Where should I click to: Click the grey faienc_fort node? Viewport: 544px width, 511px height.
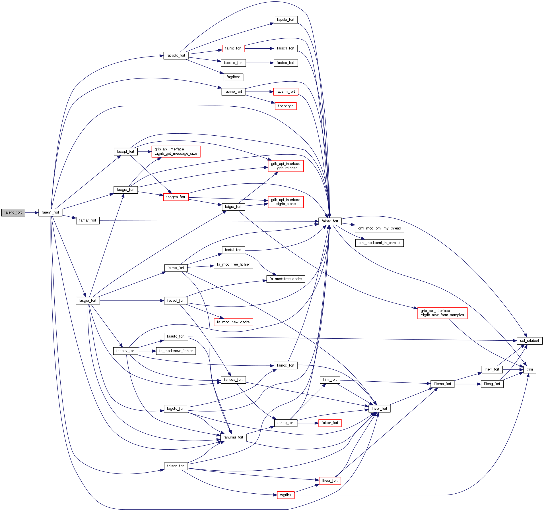13,212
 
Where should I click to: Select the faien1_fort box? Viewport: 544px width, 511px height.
50,212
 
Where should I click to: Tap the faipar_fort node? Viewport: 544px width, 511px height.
330,221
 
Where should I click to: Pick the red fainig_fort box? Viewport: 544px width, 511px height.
233,48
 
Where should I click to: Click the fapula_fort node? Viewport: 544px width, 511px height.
285,20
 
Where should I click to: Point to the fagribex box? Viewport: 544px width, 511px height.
233,77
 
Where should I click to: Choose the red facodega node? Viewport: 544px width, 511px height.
285,106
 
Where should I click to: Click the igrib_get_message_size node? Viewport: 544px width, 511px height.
176,152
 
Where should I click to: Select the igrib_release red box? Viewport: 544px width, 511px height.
286,166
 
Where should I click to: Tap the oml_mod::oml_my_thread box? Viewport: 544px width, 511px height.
379,228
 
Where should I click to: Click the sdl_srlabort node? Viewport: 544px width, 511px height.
529,341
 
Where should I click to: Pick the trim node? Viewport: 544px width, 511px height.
529,369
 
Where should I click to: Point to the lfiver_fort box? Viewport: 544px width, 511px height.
379,409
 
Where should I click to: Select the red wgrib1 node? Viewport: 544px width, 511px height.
285,495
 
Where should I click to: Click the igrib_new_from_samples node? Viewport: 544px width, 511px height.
442,313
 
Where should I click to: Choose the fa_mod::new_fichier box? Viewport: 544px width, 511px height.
176,351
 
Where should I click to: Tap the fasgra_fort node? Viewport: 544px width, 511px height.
87,301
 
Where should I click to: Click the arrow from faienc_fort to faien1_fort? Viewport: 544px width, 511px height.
32,212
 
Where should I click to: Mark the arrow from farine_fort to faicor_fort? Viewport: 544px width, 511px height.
308,423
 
